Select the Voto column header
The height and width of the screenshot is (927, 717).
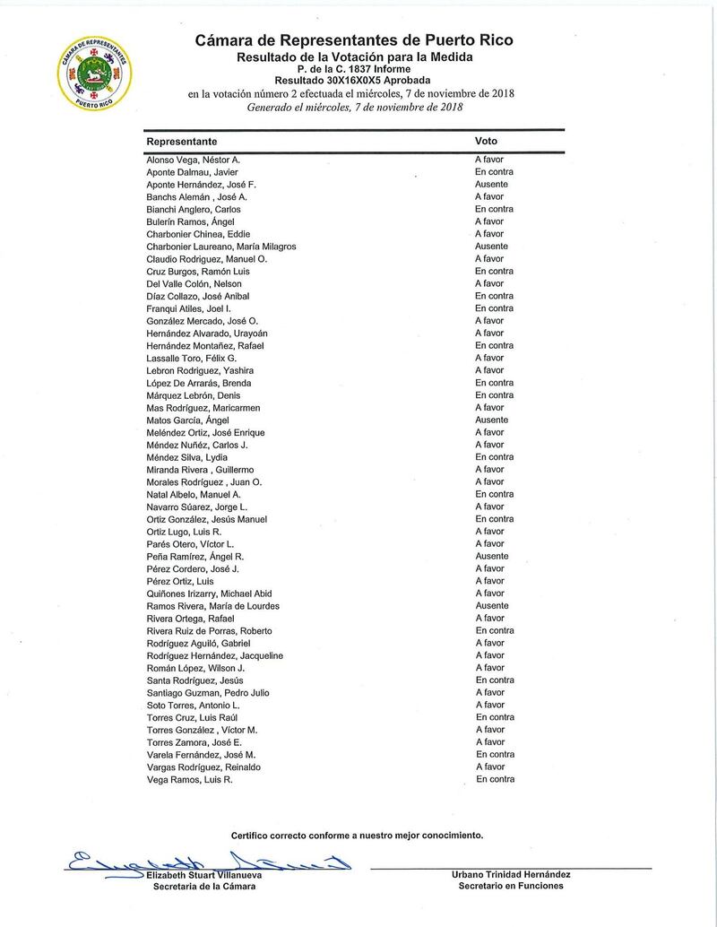(486, 142)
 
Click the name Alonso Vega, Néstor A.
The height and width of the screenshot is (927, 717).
(193, 160)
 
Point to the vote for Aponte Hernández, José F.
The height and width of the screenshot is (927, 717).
(491, 185)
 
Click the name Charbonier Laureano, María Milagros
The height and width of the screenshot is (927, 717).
(220, 247)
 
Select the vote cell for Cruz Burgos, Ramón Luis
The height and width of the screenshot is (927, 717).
(494, 272)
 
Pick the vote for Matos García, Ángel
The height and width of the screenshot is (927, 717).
(491, 420)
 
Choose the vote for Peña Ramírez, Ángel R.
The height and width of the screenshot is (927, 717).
(491, 557)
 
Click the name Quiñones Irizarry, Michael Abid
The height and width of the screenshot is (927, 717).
(209, 593)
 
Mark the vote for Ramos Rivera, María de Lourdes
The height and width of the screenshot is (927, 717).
(491, 606)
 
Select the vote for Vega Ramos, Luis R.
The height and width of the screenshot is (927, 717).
(495, 780)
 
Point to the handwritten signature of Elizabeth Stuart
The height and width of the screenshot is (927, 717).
(206, 862)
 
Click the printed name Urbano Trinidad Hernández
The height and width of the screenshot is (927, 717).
(511, 874)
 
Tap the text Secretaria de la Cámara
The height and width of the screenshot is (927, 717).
(204, 887)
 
